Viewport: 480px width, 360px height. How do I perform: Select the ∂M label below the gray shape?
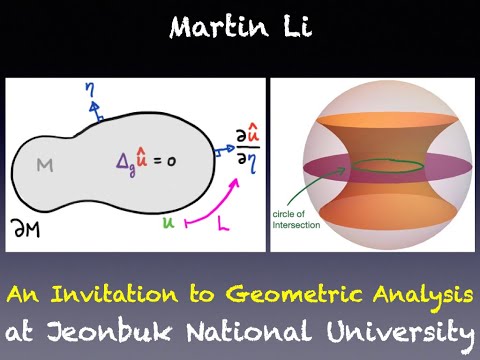click(x=31, y=231)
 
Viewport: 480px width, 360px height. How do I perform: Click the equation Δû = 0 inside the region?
click(x=141, y=161)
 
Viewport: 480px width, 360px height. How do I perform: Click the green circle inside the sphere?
click(x=369, y=167)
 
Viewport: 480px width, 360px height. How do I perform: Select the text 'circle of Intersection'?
click(x=300, y=218)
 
